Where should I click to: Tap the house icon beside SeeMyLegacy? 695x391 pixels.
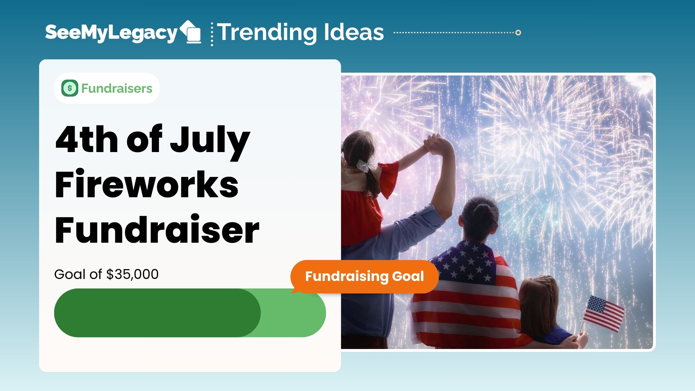pyautogui.click(x=191, y=32)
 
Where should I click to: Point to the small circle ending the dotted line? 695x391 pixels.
pyautogui.click(x=518, y=32)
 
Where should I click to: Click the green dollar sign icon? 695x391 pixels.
pyautogui.click(x=70, y=88)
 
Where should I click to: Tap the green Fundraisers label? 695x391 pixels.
pyautogui.click(x=117, y=88)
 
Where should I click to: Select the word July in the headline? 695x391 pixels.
pyautogui.click(x=210, y=142)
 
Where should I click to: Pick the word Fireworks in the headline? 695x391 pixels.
pyautogui.click(x=147, y=184)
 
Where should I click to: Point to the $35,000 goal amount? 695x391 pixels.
pyautogui.click(x=133, y=274)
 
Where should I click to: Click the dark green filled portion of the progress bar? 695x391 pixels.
pyautogui.click(x=157, y=313)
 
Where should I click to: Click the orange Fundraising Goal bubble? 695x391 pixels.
pyautogui.click(x=364, y=277)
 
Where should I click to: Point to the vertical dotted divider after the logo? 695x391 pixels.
pyautogui.click(x=212, y=34)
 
